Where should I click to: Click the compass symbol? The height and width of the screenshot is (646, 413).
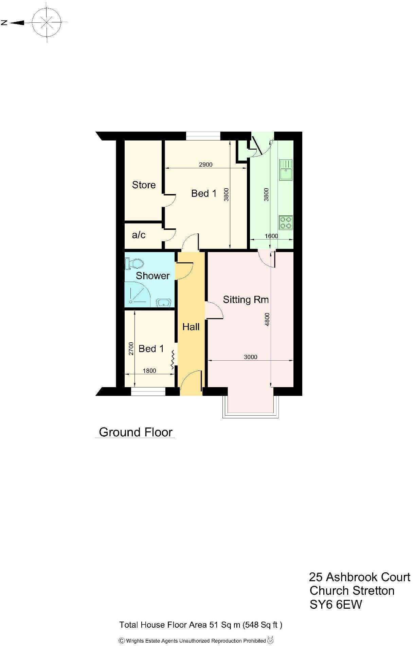click(47, 23)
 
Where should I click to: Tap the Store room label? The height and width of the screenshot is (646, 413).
click(144, 185)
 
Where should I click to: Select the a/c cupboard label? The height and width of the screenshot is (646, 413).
click(139, 235)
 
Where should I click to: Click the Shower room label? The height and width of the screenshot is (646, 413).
click(152, 275)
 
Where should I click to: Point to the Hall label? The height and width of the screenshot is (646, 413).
click(191, 327)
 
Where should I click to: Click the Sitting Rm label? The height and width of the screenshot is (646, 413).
click(246, 300)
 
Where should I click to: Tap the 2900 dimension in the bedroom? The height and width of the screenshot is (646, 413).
click(205, 165)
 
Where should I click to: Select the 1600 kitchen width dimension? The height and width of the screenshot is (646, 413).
click(271, 236)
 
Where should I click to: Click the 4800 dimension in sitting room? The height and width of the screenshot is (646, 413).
click(267, 319)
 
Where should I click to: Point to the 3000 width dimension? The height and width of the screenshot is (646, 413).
click(251, 357)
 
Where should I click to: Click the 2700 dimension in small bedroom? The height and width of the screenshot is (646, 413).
click(131, 348)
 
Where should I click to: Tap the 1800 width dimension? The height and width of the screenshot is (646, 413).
click(149, 371)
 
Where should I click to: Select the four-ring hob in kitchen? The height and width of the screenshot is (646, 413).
click(286, 223)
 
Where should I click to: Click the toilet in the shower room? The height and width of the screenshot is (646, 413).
click(135, 264)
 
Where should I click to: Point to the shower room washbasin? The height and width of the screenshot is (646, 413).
click(164, 302)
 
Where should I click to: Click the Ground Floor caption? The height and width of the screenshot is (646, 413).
click(136, 432)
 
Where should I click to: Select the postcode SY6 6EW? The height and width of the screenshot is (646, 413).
click(336, 604)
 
